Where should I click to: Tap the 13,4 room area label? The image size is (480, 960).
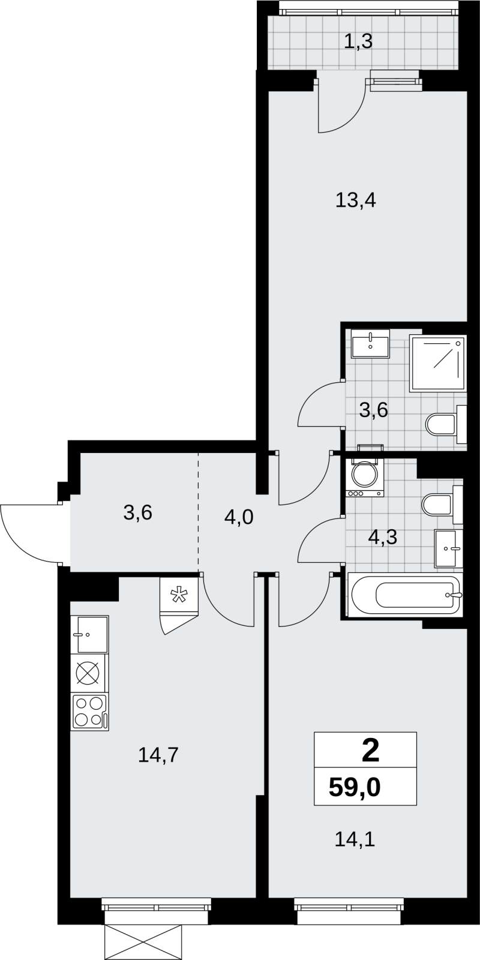click(356, 200)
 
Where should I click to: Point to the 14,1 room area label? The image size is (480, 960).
click(355, 839)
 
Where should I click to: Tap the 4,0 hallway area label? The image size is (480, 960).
click(239, 517)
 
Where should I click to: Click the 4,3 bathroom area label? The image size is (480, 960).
click(382, 536)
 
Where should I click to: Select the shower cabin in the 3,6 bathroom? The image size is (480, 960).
click(437, 364)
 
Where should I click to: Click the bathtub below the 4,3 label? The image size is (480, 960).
click(405, 595)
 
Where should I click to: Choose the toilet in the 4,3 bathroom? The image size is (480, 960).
click(442, 505)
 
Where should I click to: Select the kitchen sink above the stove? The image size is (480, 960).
click(89, 634)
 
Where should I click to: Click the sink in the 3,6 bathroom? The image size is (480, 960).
click(370, 344)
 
